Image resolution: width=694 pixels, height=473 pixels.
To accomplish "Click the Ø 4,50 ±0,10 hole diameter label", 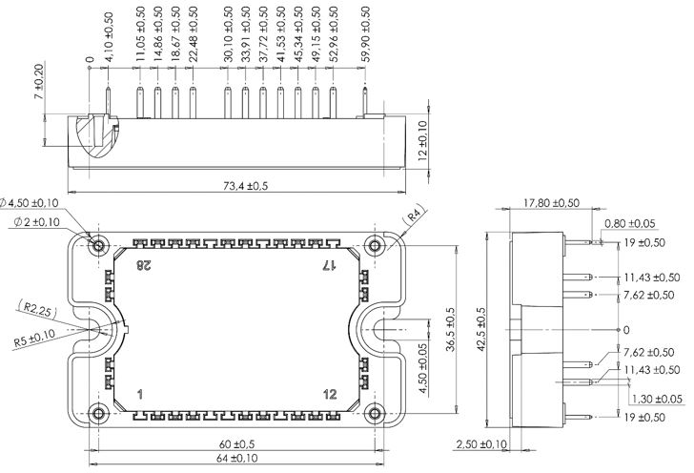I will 44,201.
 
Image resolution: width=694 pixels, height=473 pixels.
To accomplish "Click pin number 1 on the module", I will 140,394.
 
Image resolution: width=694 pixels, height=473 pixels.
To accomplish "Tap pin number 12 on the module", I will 330,394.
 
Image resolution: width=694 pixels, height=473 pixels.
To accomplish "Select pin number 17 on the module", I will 329,264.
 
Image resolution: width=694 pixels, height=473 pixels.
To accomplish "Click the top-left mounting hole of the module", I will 99,246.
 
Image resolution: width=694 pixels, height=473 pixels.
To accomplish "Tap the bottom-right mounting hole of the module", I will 376,413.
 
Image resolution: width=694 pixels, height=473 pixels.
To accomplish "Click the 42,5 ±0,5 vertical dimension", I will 481,329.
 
